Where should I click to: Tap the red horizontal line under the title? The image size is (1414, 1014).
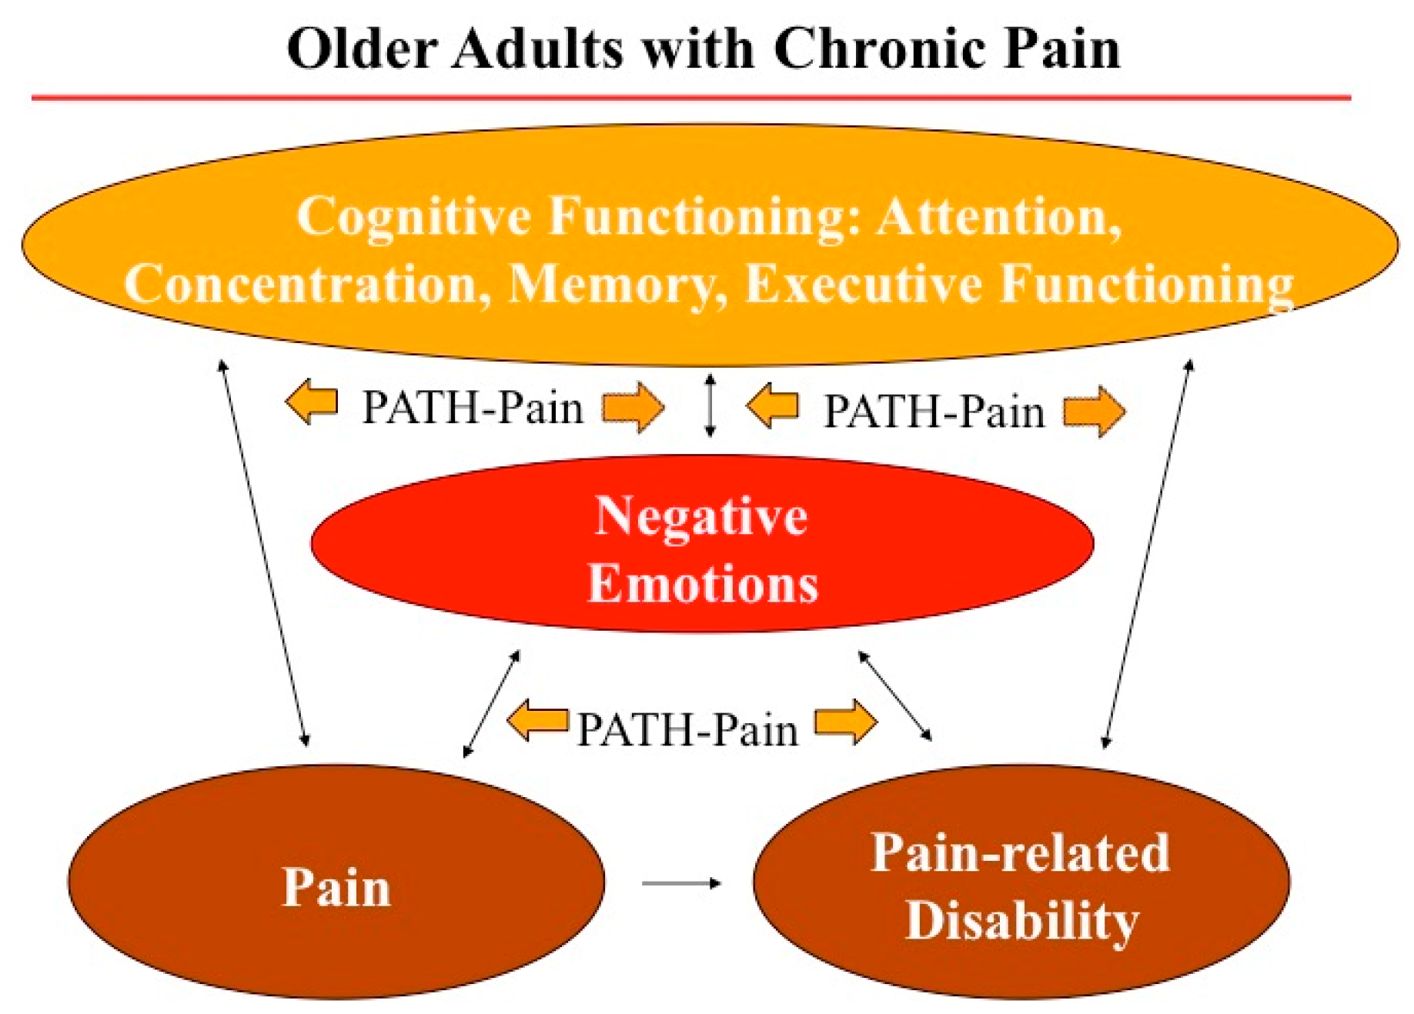click(x=691, y=98)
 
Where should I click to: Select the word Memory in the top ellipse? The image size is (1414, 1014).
click(x=618, y=285)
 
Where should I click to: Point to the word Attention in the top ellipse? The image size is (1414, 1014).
click(x=998, y=216)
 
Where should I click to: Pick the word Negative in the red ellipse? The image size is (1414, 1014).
click(x=701, y=515)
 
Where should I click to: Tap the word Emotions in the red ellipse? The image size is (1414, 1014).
click(x=703, y=583)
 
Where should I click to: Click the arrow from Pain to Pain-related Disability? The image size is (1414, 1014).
click(x=681, y=883)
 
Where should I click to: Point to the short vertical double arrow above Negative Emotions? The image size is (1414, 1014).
click(x=710, y=405)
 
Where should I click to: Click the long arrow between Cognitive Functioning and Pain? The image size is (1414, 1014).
click(x=263, y=552)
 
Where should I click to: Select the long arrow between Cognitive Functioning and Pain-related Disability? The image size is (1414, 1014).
click(x=1148, y=552)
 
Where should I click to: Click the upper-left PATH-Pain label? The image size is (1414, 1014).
click(x=473, y=407)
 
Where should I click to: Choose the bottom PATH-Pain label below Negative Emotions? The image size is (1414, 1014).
click(x=687, y=729)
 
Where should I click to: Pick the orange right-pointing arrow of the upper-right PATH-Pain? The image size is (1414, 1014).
click(x=1094, y=411)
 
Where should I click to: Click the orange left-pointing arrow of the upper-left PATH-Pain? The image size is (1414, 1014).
click(x=312, y=402)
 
